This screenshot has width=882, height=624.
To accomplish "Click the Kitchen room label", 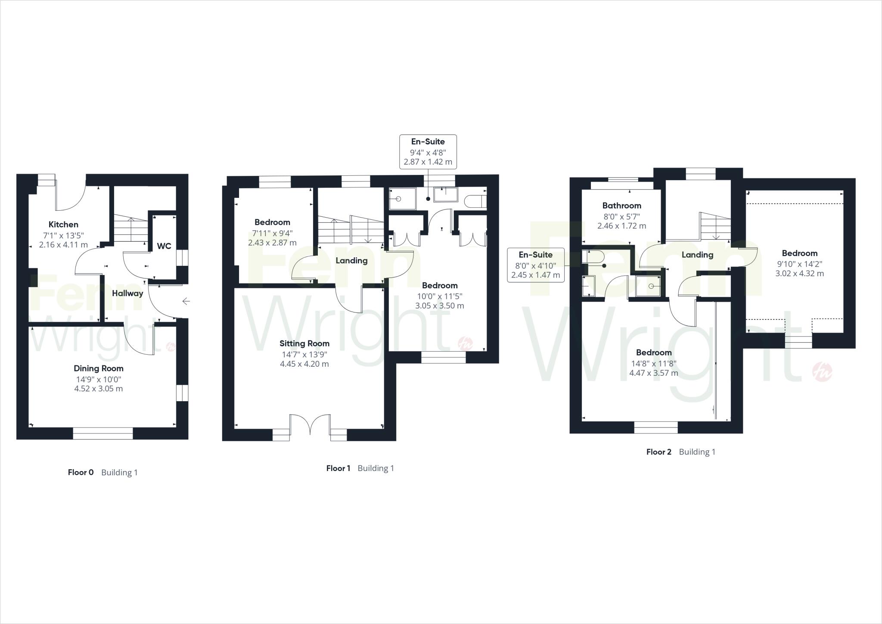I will (x=63, y=225).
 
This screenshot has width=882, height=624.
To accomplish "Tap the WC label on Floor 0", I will (x=164, y=246).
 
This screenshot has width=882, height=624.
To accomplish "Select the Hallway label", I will (x=127, y=293).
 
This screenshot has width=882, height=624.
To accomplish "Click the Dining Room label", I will (x=99, y=368).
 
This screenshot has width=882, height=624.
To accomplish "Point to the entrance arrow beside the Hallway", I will (x=186, y=301).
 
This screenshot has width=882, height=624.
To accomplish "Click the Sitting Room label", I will (x=304, y=343).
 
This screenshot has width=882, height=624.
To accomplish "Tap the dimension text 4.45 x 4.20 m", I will (x=304, y=364).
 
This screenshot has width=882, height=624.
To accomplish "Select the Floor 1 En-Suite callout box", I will (x=428, y=152).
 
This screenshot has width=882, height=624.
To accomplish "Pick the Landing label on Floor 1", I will (x=351, y=261).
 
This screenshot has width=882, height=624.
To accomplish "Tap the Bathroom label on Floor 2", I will (x=621, y=206).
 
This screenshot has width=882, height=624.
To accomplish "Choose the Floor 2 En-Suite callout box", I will (x=535, y=265).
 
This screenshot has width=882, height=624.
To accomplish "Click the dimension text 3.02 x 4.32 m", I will (x=799, y=274).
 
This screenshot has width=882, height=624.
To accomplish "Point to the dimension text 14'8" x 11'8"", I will (x=653, y=363).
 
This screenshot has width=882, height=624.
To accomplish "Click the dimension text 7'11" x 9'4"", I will (x=272, y=233).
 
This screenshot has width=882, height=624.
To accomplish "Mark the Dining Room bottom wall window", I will (x=102, y=433).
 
